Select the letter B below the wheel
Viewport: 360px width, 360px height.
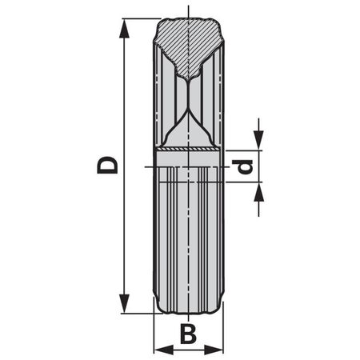click(187, 334)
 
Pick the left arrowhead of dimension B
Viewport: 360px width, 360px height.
click(159, 349)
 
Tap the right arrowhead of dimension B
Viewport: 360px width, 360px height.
click(217, 349)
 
